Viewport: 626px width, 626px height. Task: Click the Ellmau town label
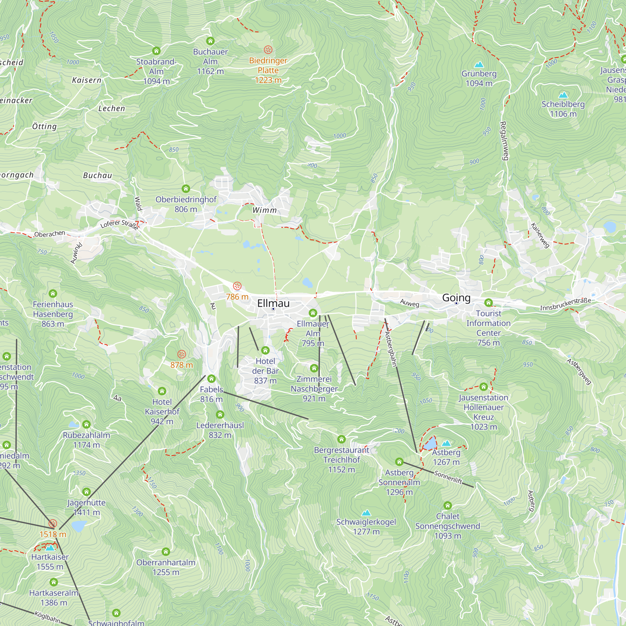pyautogui.click(x=273, y=303)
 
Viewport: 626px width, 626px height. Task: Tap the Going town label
pyautogui.click(x=456, y=297)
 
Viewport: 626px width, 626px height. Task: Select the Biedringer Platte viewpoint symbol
pyautogui.click(x=268, y=49)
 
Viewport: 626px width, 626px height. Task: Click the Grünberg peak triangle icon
pyautogui.click(x=479, y=64)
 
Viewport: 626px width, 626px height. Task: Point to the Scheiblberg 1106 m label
pyautogui.click(x=563, y=109)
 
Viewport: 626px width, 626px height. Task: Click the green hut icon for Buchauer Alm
pyautogui.click(x=210, y=41)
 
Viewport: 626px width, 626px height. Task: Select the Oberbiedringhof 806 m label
pyautogui.click(x=186, y=204)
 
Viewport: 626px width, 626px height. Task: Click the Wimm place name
pyautogui.click(x=264, y=210)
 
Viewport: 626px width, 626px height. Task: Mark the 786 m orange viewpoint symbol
pyautogui.click(x=237, y=286)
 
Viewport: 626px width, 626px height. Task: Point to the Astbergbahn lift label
pyautogui.click(x=391, y=349)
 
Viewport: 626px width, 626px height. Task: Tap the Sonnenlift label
pyautogui.click(x=448, y=477)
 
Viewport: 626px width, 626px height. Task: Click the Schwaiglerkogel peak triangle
pyautogui.click(x=366, y=513)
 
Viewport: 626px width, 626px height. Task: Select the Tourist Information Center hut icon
pyautogui.click(x=488, y=303)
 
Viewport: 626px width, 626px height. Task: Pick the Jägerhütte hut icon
pyautogui.click(x=86, y=492)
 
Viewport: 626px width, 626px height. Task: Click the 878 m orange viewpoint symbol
pyautogui.click(x=182, y=354)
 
